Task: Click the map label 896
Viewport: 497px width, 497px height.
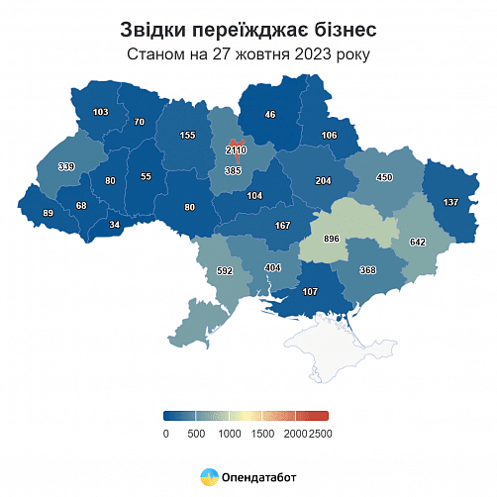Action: [332, 239]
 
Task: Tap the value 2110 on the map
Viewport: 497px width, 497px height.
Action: [236, 150]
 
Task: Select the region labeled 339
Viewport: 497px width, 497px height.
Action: [66, 166]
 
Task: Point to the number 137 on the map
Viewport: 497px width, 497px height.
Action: [450, 202]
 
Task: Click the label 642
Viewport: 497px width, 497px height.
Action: [417, 242]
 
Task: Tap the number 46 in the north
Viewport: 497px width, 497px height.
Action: [269, 115]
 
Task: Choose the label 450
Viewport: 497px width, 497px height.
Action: [384, 177]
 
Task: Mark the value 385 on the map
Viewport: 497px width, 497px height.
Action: [234, 171]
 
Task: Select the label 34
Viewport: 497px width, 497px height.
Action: [115, 225]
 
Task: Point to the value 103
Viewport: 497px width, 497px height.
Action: [100, 113]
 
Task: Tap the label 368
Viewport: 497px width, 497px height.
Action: [368, 270]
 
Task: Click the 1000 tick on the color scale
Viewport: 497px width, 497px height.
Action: [230, 433]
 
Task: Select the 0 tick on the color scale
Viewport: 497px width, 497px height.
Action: [165, 433]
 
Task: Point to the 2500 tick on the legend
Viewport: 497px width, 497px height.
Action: [320, 433]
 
